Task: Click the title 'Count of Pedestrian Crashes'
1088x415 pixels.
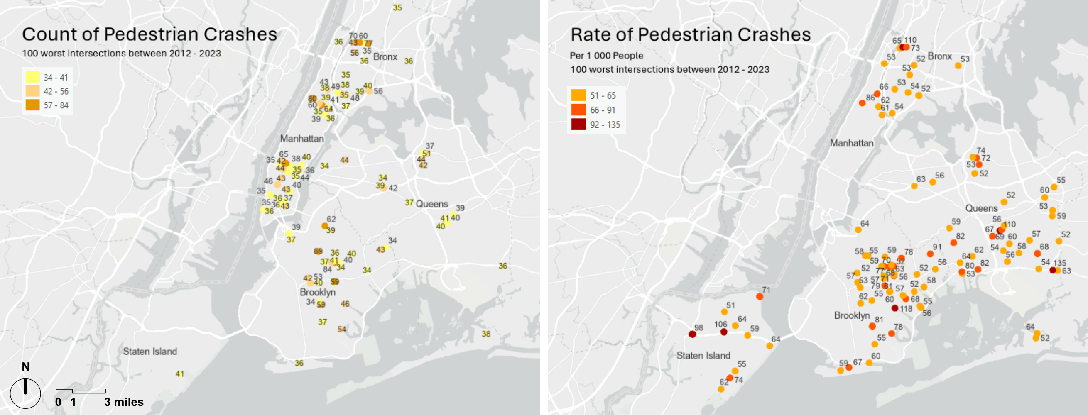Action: [x=149, y=34]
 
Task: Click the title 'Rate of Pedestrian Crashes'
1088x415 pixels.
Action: [x=690, y=34]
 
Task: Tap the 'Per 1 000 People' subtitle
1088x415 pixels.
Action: [x=606, y=56]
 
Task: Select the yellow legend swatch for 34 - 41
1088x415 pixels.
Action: [x=32, y=77]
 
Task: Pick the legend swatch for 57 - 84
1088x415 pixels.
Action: [x=32, y=105]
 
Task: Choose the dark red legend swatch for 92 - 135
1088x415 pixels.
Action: [x=578, y=124]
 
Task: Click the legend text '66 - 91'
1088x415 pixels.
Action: [x=602, y=110]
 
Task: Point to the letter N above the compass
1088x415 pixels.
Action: [x=26, y=366]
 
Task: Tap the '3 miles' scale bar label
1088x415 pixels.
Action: [x=124, y=402]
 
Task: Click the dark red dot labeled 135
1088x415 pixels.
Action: [x=1053, y=270]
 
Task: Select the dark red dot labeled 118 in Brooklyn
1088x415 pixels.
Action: [x=894, y=308]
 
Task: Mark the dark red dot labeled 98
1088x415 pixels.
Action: [x=692, y=334]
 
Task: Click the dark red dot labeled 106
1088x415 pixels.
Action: [x=723, y=332]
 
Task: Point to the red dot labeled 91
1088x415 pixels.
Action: [x=930, y=254]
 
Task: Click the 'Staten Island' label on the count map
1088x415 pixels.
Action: [x=150, y=351]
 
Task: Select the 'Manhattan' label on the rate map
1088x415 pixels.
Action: [x=851, y=143]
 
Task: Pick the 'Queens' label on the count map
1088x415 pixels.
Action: [x=431, y=204]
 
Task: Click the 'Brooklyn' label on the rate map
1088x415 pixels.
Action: [x=851, y=316]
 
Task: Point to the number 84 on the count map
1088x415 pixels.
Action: [x=327, y=269]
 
